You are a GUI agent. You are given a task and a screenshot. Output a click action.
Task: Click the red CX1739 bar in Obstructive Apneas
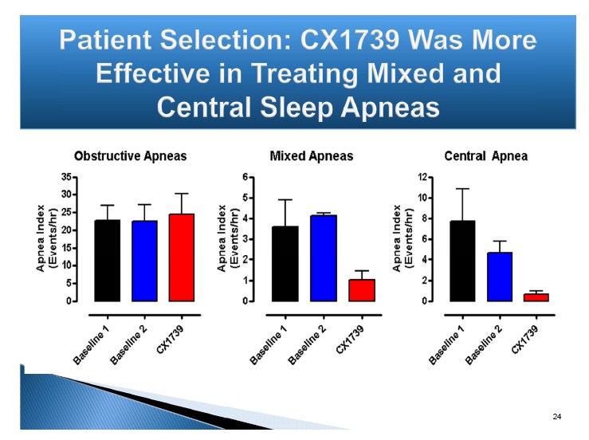click(x=181, y=257)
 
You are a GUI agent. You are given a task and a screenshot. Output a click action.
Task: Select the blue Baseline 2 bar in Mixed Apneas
click(x=324, y=258)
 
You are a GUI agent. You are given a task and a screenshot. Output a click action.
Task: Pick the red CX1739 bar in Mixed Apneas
click(x=362, y=290)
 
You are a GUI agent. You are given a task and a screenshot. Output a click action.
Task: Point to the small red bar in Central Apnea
click(x=536, y=297)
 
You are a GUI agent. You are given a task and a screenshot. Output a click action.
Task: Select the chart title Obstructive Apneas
click(x=130, y=156)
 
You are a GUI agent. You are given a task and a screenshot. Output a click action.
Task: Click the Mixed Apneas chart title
click(x=312, y=156)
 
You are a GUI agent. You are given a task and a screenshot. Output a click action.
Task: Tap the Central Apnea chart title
click(x=485, y=156)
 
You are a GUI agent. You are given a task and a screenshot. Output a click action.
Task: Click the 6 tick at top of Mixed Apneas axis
click(x=246, y=177)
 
